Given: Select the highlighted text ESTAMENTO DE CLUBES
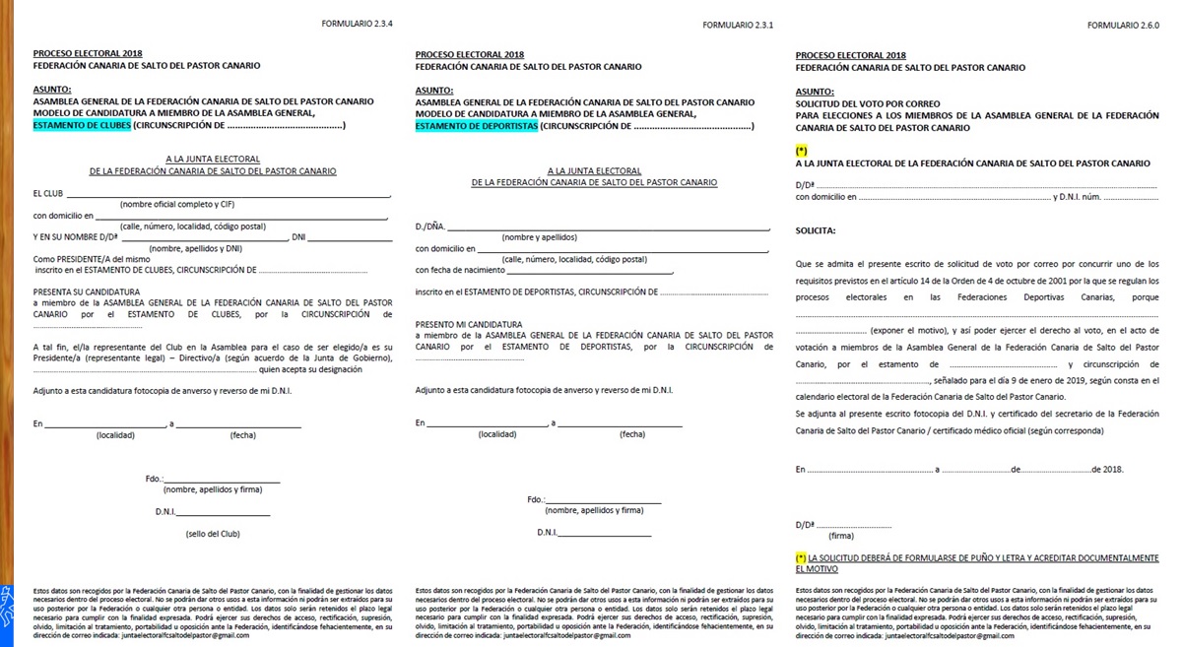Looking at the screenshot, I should (x=82, y=126).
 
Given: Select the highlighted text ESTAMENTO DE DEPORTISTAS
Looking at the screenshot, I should (x=477, y=126).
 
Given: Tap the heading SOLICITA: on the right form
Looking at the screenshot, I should (x=816, y=230).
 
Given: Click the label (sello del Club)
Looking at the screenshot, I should (x=213, y=534).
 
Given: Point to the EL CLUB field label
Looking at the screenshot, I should (x=47, y=193).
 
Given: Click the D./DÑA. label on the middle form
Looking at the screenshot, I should (x=430, y=226).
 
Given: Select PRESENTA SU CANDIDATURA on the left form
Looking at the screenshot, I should (x=86, y=291).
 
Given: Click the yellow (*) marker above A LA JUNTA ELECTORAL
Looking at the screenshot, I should (x=801, y=151).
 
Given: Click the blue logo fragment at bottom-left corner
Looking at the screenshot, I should (x=6, y=603).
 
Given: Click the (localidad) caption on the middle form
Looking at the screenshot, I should (x=496, y=433).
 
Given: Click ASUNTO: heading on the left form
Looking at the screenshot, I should (x=51, y=90).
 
